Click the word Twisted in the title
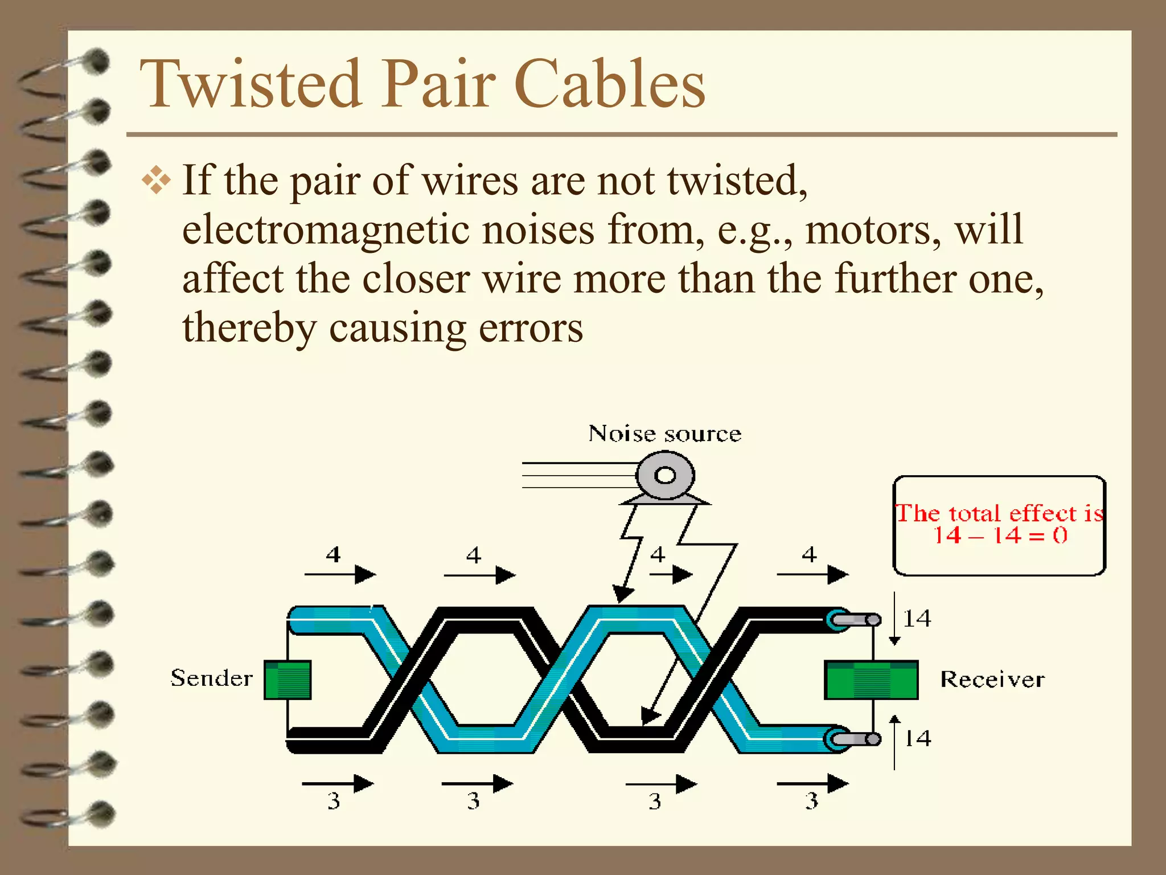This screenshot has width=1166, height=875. (x=251, y=84)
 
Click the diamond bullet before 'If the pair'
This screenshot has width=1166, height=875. (x=156, y=182)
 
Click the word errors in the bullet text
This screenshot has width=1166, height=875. (x=531, y=329)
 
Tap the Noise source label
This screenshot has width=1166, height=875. (x=664, y=434)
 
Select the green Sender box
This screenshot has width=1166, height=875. (x=288, y=680)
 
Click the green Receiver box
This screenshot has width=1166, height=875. (x=871, y=680)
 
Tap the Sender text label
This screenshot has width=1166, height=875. (x=211, y=678)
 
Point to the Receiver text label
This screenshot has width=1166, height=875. (x=992, y=680)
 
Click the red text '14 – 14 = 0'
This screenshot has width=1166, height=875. (x=1000, y=535)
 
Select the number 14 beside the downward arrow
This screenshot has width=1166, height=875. (x=917, y=619)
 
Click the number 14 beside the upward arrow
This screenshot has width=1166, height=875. (x=918, y=738)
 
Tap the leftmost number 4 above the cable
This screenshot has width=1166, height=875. (x=333, y=554)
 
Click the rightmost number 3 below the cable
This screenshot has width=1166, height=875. (x=811, y=802)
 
